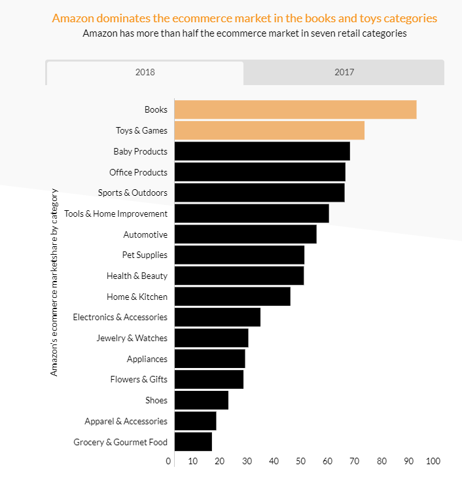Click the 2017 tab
(344, 72)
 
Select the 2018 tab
(145, 73)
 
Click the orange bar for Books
(295, 110)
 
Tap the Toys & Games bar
(269, 130)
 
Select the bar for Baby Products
(262, 151)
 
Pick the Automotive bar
(245, 234)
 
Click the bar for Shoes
(201, 400)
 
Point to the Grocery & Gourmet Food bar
(193, 442)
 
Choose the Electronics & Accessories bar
(217, 317)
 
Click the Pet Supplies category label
(145, 255)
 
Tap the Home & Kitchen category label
(137, 297)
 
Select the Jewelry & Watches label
(132, 339)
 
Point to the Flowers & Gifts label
(138, 380)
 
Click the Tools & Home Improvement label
(116, 213)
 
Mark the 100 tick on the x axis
(433, 462)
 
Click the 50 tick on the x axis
(300, 462)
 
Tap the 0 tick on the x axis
(169, 462)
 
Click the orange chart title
(244, 18)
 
